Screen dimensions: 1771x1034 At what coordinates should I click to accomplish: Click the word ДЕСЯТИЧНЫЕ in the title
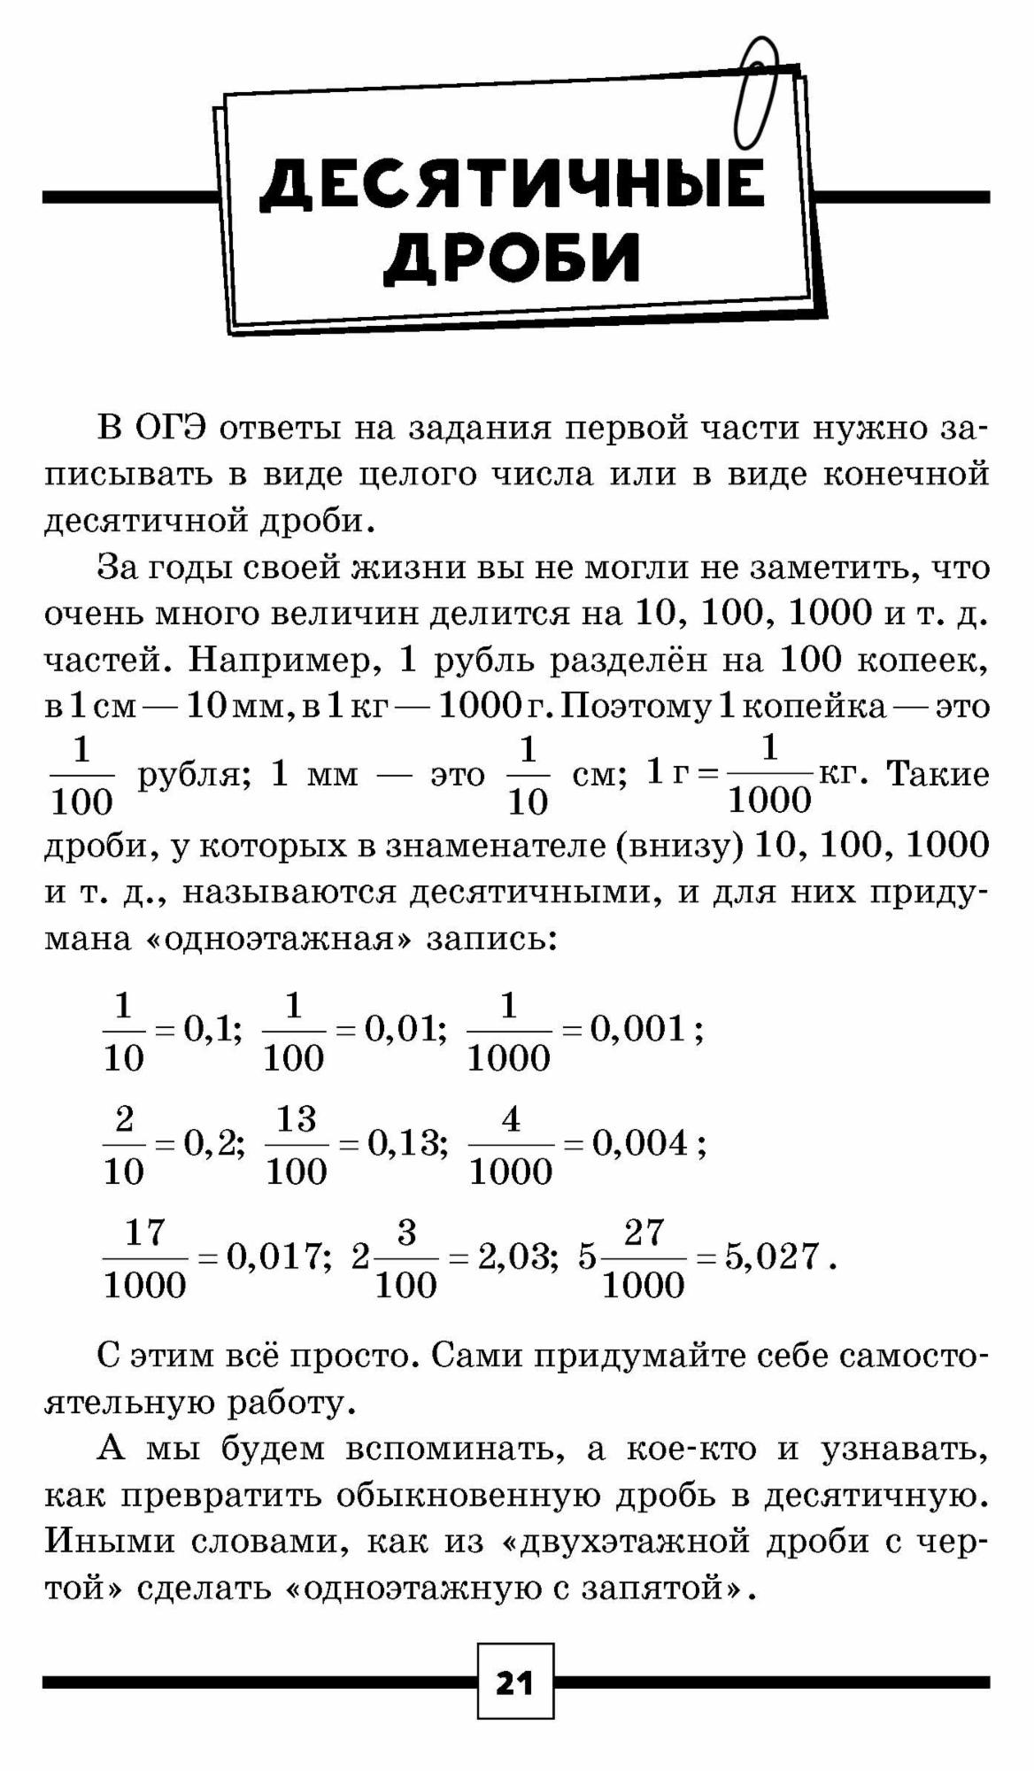[x=512, y=185]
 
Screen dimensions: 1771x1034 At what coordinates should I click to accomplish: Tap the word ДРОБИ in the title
[x=512, y=257]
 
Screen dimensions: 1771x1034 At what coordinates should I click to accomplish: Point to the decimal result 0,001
[x=638, y=1029]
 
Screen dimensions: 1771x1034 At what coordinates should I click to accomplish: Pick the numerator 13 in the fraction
[x=297, y=1119]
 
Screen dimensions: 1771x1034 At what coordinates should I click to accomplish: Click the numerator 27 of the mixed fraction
[x=644, y=1233]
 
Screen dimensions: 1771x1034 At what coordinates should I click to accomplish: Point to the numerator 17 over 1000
[x=145, y=1233]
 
